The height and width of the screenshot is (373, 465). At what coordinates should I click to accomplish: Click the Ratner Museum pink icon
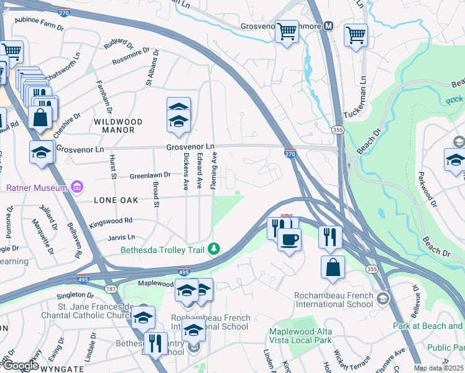click(77, 186)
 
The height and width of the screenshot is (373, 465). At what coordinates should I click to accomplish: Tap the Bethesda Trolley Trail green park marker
click(214, 249)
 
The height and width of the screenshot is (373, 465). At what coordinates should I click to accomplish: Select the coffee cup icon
click(289, 240)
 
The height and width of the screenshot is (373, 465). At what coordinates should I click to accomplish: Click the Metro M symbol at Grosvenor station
click(328, 26)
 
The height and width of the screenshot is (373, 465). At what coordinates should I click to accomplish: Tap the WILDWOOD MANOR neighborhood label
click(118, 126)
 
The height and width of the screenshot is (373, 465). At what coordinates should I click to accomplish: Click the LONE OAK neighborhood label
click(116, 201)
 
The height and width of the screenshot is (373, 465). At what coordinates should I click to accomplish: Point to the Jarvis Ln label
click(122, 237)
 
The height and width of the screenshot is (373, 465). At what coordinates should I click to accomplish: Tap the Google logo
click(20, 366)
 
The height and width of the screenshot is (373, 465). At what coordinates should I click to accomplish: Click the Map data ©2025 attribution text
click(439, 368)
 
